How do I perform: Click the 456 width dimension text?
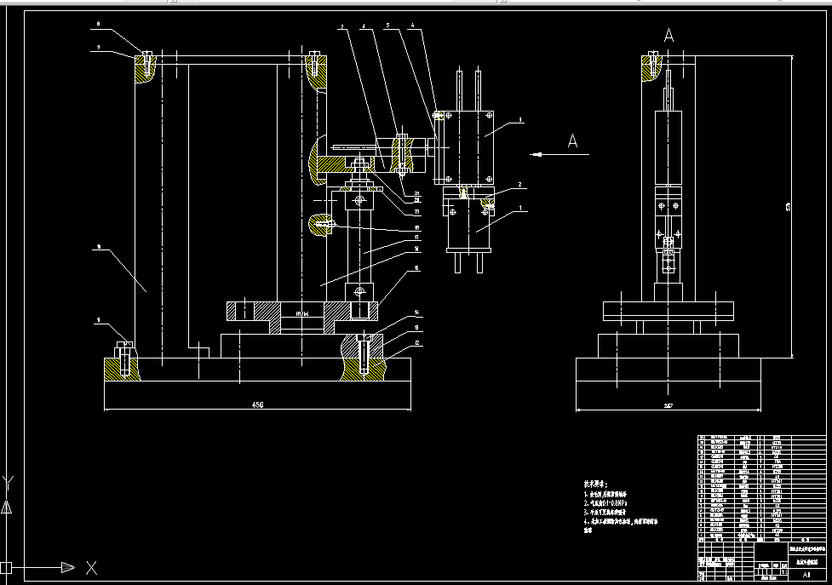tap(257, 405)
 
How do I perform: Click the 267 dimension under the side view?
tap(668, 405)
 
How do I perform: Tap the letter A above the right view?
tap(668, 35)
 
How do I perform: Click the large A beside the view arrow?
tap(573, 142)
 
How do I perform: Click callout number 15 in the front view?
tap(416, 268)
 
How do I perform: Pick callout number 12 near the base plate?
tap(417, 343)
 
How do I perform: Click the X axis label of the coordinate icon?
tap(91, 568)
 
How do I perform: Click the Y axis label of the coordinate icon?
tap(9, 482)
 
